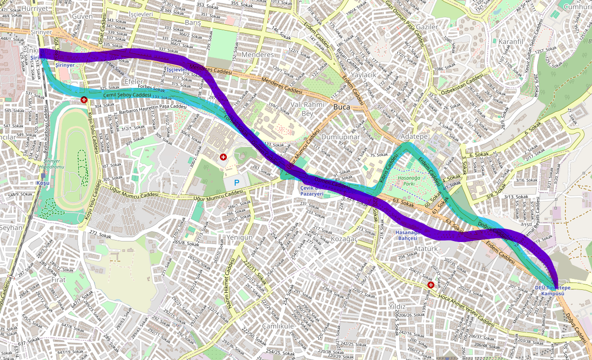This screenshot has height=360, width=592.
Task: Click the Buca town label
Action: (341, 107)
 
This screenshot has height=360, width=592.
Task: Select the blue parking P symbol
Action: (236, 183)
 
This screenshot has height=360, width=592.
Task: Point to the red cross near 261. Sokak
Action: (223, 157)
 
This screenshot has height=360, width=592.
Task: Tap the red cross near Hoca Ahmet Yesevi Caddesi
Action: (431, 285)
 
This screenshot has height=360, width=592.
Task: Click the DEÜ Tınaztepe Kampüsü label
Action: (552, 290)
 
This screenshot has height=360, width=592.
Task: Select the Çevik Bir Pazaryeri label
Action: (312, 191)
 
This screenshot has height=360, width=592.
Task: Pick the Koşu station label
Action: (43, 183)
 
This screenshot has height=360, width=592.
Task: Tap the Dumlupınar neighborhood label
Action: (340, 136)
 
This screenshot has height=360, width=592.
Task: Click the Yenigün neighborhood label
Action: (240, 238)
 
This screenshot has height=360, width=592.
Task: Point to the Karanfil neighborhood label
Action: (510, 41)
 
